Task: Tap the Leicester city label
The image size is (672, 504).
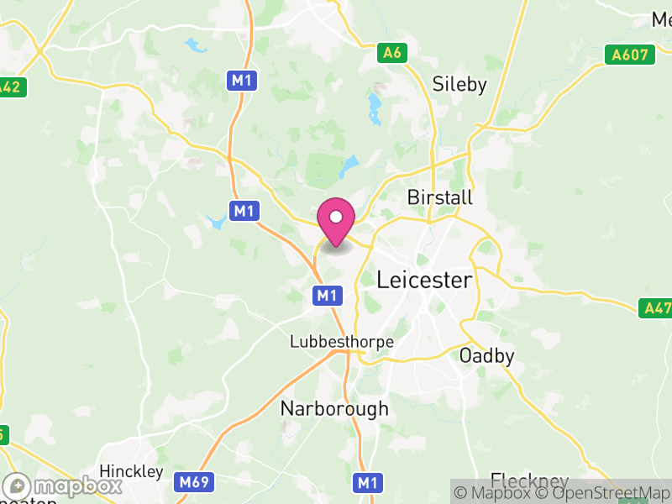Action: pyautogui.click(x=424, y=280)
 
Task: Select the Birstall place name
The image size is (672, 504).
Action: pyautogui.click(x=439, y=197)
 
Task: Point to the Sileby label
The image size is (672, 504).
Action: pyautogui.click(x=459, y=83)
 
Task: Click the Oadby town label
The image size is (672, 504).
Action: pyautogui.click(x=486, y=355)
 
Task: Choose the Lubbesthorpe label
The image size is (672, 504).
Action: pyautogui.click(x=341, y=342)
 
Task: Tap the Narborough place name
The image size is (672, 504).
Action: pyautogui.click(x=334, y=409)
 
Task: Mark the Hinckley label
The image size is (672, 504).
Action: pyautogui.click(x=131, y=471)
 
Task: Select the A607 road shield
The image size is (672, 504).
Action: pyautogui.click(x=629, y=55)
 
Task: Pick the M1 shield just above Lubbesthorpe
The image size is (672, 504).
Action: pyautogui.click(x=328, y=295)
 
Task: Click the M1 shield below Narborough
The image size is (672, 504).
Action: pyautogui.click(x=366, y=482)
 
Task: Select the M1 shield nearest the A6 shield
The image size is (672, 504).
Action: pyautogui.click(x=242, y=81)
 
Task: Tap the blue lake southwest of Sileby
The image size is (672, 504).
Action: pyautogui.click(x=373, y=105)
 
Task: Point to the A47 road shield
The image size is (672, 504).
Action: pyautogui.click(x=656, y=308)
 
